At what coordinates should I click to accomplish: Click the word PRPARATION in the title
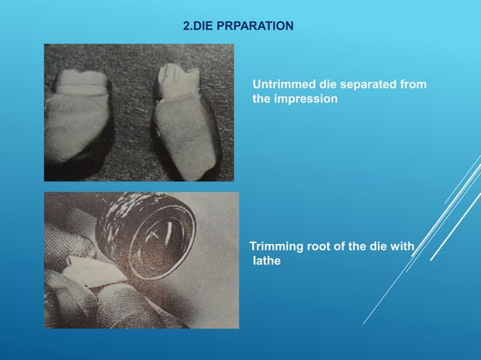click(257, 27)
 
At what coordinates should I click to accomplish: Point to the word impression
click(307, 99)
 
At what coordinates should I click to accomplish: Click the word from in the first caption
click(413, 84)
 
